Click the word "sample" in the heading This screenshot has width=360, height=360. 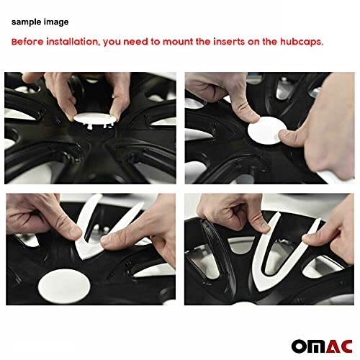pyautogui.click(x=25, y=23)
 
